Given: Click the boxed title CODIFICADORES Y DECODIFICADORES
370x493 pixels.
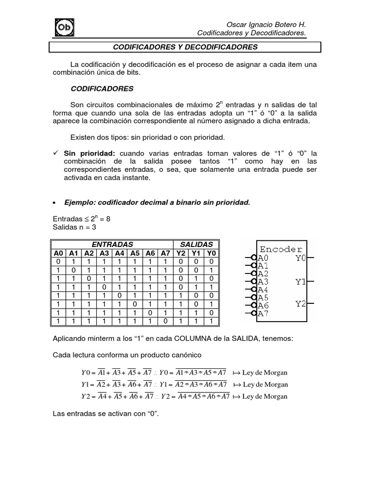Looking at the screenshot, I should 185,47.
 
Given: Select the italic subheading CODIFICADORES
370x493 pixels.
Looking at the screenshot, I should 102,89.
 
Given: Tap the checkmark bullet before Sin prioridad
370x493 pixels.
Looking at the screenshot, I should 55,153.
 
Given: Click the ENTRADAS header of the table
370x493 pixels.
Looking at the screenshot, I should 112,245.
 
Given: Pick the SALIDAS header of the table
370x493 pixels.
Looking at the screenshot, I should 196,245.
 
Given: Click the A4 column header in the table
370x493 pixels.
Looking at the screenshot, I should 119,253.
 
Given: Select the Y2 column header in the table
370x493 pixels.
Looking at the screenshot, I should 181,253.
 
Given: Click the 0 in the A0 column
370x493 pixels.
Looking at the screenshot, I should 58,261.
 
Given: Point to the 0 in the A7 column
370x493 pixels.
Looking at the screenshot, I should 165,321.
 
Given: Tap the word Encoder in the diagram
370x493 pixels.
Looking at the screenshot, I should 281,249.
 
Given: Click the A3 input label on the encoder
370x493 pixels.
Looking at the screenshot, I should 264,282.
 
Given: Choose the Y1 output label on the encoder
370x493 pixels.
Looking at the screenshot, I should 301,282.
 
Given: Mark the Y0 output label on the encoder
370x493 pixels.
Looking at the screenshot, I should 301,258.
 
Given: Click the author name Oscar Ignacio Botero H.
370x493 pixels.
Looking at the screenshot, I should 266,24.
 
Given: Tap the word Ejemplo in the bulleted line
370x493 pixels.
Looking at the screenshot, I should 79,202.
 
